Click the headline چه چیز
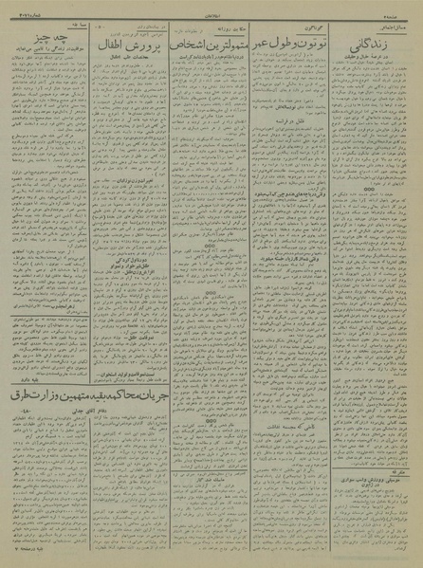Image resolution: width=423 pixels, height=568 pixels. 32,39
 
